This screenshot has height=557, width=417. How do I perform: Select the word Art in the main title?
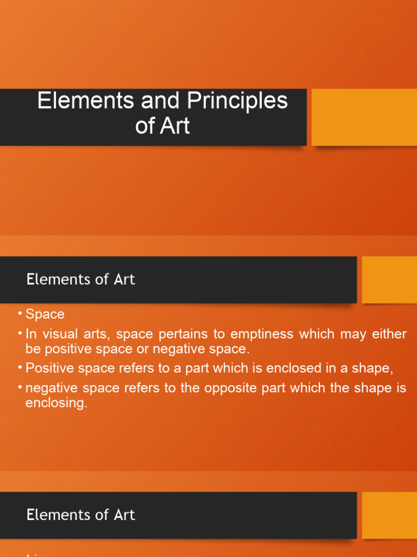[175, 126]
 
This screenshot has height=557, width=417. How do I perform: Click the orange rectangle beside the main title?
[364, 117]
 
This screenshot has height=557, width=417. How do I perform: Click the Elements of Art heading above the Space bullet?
[80, 280]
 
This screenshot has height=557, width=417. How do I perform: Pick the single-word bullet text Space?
[45, 314]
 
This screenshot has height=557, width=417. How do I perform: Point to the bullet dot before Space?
[20, 314]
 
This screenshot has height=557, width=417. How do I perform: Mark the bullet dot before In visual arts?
[20, 333]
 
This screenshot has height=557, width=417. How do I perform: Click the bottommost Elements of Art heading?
[80, 515]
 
